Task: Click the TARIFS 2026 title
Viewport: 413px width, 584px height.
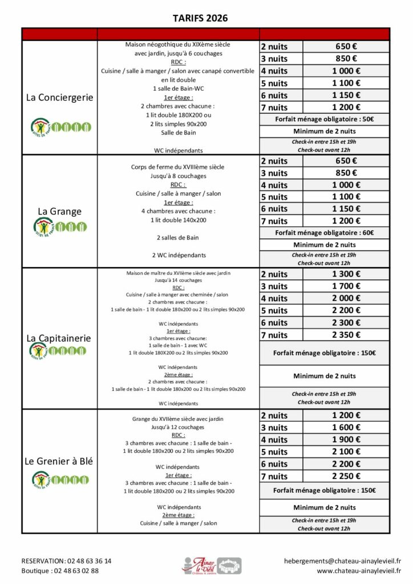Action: (x=200, y=18)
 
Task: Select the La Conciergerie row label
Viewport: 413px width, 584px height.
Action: (x=59, y=98)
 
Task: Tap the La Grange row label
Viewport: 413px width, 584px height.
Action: (x=59, y=211)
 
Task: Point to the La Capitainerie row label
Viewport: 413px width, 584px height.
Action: (x=59, y=338)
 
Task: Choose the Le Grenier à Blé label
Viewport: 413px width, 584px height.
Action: (x=59, y=461)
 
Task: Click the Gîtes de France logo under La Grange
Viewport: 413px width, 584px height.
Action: (x=60, y=227)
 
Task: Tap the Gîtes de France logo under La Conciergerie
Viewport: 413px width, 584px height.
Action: (x=60, y=125)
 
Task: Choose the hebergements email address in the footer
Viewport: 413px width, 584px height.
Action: (x=342, y=561)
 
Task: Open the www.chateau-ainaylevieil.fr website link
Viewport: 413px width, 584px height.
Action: (x=359, y=570)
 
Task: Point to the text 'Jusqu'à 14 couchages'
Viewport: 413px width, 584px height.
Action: (x=178, y=281)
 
